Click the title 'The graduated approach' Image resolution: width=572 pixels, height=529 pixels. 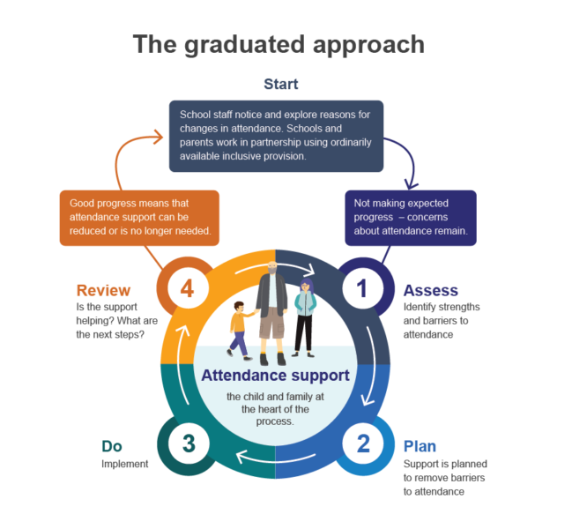[x=279, y=45]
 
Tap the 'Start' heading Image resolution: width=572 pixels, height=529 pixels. [x=281, y=84]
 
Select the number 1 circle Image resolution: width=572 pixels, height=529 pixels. [x=363, y=288]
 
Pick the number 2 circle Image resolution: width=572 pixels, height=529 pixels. [x=363, y=443]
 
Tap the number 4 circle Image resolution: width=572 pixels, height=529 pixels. [x=188, y=288]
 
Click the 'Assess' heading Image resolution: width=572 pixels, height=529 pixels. [x=430, y=291]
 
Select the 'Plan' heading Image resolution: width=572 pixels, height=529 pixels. [x=420, y=446]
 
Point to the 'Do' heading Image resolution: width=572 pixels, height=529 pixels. [x=112, y=446]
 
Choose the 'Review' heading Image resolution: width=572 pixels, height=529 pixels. [x=103, y=291]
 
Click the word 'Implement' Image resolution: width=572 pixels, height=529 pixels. [x=125, y=464]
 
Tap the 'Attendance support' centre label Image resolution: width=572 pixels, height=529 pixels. [x=275, y=376]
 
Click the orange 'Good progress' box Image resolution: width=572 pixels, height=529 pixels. [x=139, y=218]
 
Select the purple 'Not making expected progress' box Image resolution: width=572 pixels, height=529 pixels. [x=411, y=218]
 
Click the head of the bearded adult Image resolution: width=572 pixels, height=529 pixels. [x=272, y=268]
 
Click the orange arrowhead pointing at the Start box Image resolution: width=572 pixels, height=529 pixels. [x=159, y=137]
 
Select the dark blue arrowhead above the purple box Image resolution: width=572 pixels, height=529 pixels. [x=411, y=183]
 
